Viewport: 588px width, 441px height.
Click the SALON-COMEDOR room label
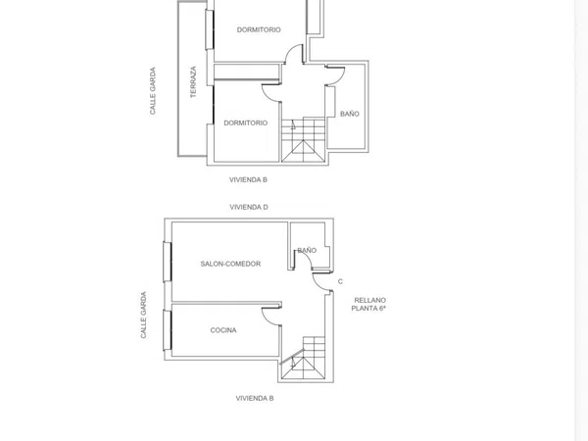[x=230, y=264]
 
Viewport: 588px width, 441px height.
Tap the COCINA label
[x=223, y=330]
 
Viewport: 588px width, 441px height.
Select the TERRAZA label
[x=193, y=81]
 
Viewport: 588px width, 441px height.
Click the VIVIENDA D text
[x=249, y=207]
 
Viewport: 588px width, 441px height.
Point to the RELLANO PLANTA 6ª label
[x=369, y=304]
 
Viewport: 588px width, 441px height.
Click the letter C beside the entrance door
[x=340, y=281]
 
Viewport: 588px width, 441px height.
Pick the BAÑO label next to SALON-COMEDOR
[x=307, y=250]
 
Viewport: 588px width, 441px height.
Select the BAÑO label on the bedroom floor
[x=350, y=114]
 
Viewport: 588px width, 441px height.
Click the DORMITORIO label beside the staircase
[x=246, y=122]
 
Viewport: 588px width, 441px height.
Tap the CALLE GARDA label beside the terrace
[x=152, y=91]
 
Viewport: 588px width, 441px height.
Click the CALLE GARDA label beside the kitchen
[x=143, y=315]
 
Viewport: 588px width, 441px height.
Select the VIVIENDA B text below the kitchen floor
[x=255, y=398]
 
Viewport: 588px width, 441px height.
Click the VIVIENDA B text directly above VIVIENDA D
[x=248, y=179]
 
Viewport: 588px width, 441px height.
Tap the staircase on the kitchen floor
[x=303, y=359]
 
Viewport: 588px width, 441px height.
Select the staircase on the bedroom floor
[x=303, y=139]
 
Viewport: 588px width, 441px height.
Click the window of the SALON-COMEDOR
[x=168, y=262]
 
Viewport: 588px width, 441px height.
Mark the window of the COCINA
[x=168, y=330]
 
